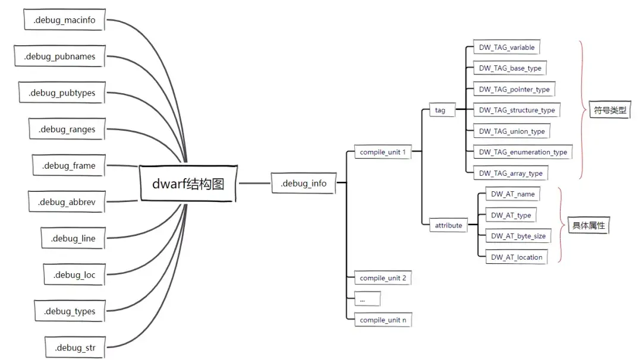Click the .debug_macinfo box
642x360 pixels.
[x=64, y=20]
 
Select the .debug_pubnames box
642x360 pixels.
[x=59, y=56]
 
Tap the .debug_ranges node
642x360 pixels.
[x=67, y=129]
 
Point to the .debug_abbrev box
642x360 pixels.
[x=67, y=201]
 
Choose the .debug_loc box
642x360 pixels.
[x=74, y=274]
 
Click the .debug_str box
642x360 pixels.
[x=75, y=348]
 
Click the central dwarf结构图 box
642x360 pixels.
[x=188, y=184]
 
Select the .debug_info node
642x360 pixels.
[x=303, y=183]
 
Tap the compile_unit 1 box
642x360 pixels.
[x=383, y=151]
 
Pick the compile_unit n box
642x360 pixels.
[x=383, y=320]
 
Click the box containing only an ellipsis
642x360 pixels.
[x=367, y=299]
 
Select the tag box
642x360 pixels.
[x=442, y=110]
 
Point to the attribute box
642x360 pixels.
[x=448, y=225]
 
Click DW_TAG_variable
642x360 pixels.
[x=506, y=47]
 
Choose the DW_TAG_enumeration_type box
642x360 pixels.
[x=523, y=151]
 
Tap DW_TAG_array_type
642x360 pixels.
[x=511, y=173]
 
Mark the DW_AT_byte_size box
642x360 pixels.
[x=518, y=236]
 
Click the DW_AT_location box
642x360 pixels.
[x=517, y=257]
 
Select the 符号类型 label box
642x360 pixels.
[x=610, y=110]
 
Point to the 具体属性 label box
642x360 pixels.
[x=588, y=225]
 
